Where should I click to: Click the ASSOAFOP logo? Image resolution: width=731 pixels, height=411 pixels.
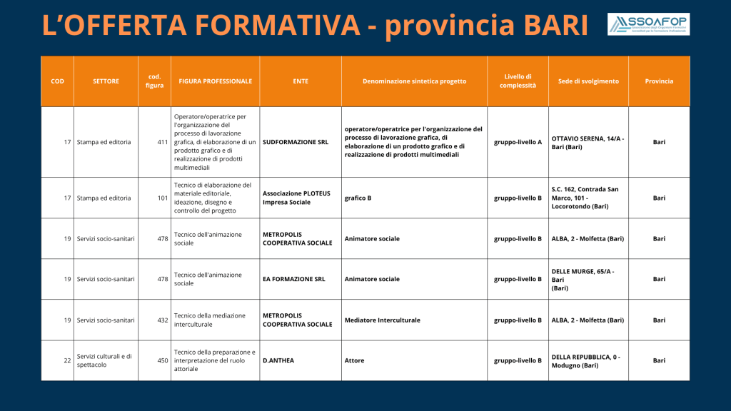(x=648, y=24)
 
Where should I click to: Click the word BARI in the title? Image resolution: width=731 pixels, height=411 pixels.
(x=555, y=25)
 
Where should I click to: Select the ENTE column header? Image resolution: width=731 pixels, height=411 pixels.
(x=301, y=81)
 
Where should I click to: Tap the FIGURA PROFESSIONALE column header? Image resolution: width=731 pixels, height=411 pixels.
(x=216, y=81)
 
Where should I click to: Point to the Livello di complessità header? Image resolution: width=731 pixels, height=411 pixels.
(x=518, y=81)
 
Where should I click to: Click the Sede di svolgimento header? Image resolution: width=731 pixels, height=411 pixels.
(x=588, y=81)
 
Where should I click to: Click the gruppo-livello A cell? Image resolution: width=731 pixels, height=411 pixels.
(x=518, y=142)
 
